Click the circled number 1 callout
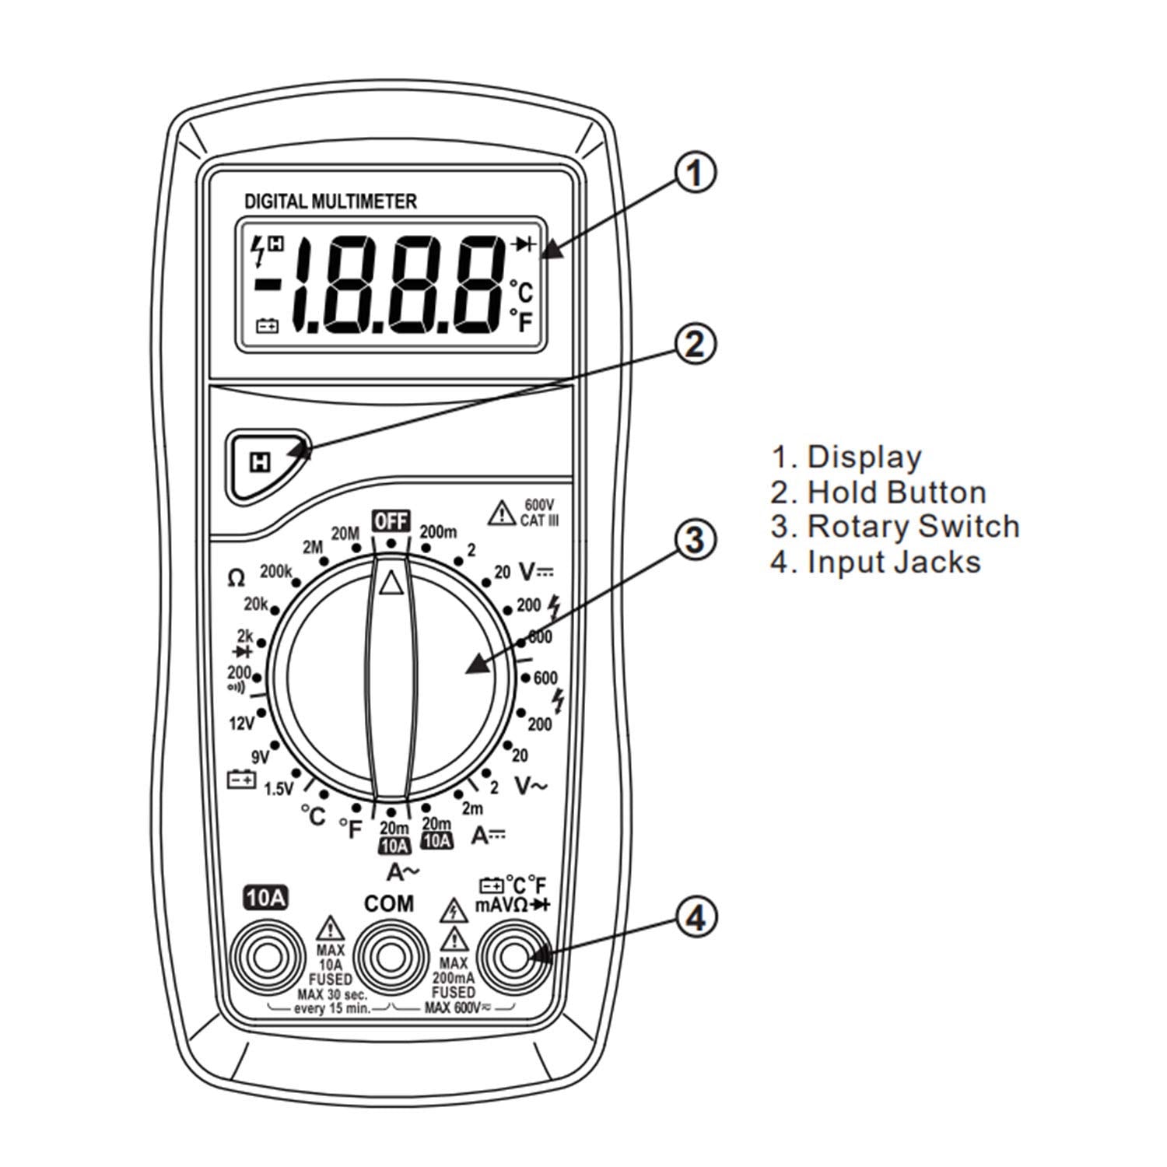pyautogui.click(x=694, y=173)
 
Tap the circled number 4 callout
pyautogui.click(x=694, y=918)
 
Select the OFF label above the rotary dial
pyautogui.click(x=391, y=520)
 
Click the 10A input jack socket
pyautogui.click(x=265, y=956)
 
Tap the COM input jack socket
pyautogui.click(x=390, y=956)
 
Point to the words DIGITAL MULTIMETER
pyautogui.click(x=331, y=202)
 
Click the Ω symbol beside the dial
pyautogui.click(x=236, y=578)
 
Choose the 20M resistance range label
pyautogui.click(x=345, y=534)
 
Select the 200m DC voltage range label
pyautogui.click(x=439, y=532)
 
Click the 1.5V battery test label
pyautogui.click(x=278, y=789)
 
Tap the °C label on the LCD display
pyautogui.click(x=521, y=293)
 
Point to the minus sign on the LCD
pyautogui.click(x=267, y=286)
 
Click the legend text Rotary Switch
pyautogui.click(x=913, y=527)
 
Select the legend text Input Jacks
pyautogui.click(x=894, y=562)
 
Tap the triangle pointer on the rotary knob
pyautogui.click(x=391, y=581)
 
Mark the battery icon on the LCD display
pyautogui.click(x=268, y=326)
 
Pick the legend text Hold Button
pyautogui.click(x=897, y=492)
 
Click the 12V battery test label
pyautogui.click(x=242, y=724)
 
